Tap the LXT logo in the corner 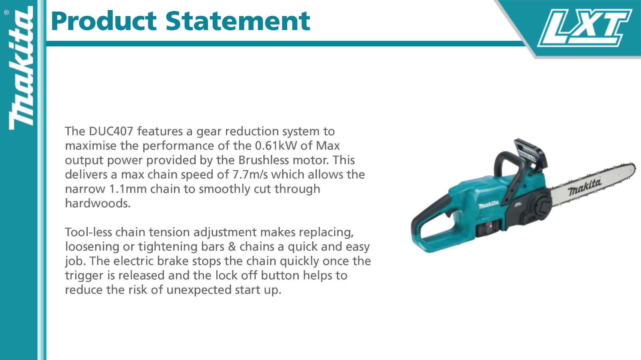click(x=585, y=27)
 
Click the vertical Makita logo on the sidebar click(x=21, y=69)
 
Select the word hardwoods click(x=97, y=203)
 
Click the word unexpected click(x=199, y=290)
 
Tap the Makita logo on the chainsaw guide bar click(x=585, y=187)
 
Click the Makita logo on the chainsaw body click(x=488, y=204)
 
